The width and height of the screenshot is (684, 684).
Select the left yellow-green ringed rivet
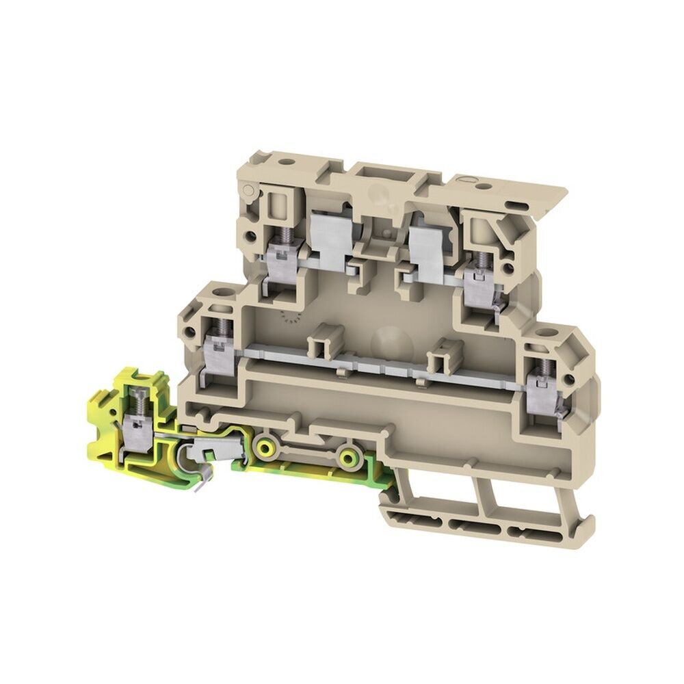click(x=263, y=449)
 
